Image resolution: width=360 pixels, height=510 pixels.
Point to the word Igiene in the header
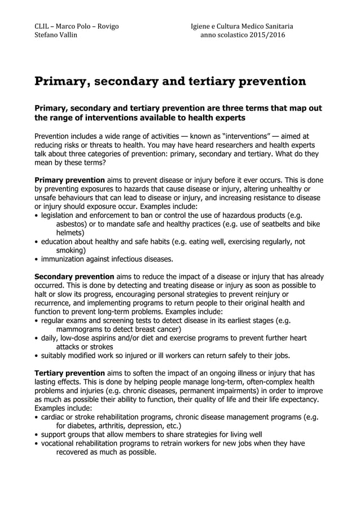(x=203, y=26)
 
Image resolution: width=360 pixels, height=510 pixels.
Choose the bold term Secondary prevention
(x=74, y=277)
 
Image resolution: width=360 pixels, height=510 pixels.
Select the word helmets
(x=71, y=233)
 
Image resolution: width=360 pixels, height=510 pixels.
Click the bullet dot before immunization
(x=37, y=260)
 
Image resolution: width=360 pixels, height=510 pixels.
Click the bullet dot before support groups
(x=37, y=435)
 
